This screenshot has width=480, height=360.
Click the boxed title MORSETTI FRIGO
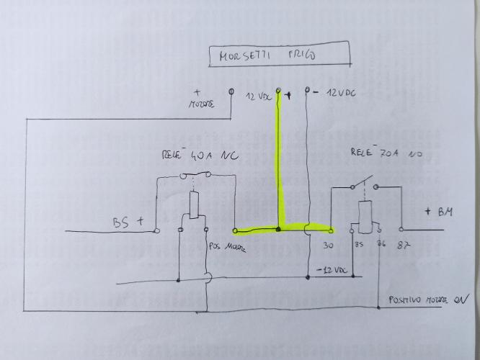pos(277,55)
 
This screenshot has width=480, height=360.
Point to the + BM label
pos(439,212)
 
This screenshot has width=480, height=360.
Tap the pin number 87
pos(404,246)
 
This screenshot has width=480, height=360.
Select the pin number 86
pos(381,245)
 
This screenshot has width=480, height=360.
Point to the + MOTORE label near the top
pos(201,99)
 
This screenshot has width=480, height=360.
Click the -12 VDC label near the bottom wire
pos(332,270)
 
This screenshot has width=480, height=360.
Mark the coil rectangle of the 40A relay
pos(195,206)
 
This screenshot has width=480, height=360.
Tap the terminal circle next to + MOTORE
pos(231,92)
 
